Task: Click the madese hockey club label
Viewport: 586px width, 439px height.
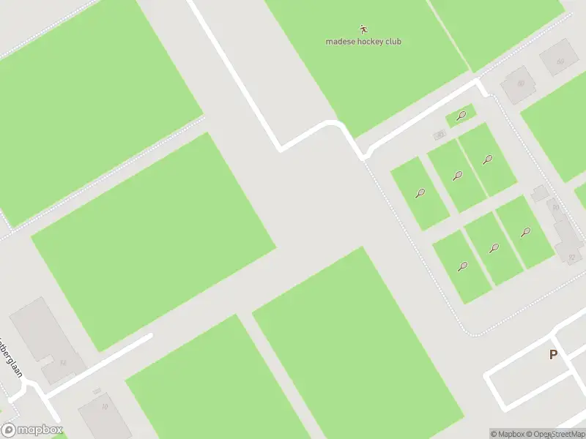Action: tap(363, 42)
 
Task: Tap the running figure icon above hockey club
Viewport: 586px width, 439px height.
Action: tap(363, 30)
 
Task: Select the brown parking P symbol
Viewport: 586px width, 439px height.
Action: tap(553, 355)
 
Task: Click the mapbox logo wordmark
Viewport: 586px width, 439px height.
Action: tap(38, 430)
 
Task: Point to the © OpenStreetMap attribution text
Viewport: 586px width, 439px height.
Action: tap(554, 434)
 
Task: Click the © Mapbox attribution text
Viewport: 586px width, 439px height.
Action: tap(507, 434)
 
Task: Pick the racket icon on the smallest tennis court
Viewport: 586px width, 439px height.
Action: tap(461, 115)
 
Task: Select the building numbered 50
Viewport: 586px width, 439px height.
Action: tap(521, 83)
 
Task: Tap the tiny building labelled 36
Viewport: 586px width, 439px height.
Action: tap(439, 135)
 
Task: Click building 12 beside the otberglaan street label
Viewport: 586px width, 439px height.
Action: tap(63, 363)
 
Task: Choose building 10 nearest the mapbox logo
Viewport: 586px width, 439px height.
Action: tap(105, 408)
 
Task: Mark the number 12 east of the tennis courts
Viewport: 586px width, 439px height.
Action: tap(571, 258)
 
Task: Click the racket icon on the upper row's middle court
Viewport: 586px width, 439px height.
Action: tap(458, 176)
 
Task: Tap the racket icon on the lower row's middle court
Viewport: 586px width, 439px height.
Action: tap(494, 249)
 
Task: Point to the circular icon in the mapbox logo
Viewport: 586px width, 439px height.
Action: tap(10, 430)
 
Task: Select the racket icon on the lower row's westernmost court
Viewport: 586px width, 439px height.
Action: tap(462, 266)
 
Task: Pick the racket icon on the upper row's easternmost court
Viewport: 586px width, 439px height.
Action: tap(487, 159)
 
